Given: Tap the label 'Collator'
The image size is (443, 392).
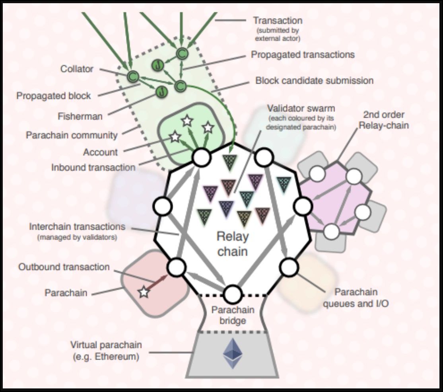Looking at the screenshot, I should coord(77,69).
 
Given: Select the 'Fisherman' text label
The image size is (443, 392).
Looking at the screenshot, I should coord(80,117).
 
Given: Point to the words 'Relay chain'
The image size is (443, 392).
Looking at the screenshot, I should coord(233,244).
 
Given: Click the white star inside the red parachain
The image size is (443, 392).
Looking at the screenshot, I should coord(144,293).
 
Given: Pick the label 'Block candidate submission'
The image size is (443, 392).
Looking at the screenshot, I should coord(314,80).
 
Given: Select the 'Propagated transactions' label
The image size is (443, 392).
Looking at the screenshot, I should coord(303,54).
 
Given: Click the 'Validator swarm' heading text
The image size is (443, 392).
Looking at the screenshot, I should coord(301,108).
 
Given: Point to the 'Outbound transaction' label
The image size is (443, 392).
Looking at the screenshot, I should coord(64,267).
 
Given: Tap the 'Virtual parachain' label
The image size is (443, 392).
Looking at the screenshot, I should coord(106,345).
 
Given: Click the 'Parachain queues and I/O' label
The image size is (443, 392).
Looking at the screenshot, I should coord(356,298).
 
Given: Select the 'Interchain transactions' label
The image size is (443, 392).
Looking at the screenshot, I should coord(77,227).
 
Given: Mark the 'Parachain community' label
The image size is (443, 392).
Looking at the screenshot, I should coord(72,135).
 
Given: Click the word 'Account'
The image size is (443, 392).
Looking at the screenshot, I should coord(100,152).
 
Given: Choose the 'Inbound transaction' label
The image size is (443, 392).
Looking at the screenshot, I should coord(93,167).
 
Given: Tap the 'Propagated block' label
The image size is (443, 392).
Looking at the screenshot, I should coord(54,96).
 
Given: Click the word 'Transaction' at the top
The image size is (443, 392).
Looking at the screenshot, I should coord(278,20).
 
